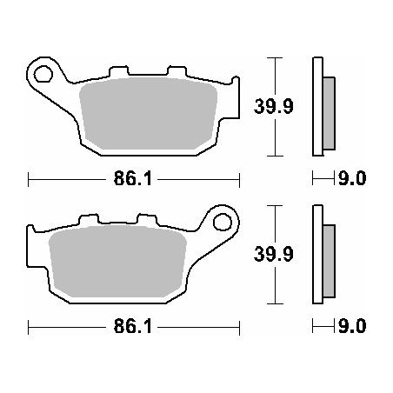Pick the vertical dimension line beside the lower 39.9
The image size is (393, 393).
(x=276, y=255)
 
